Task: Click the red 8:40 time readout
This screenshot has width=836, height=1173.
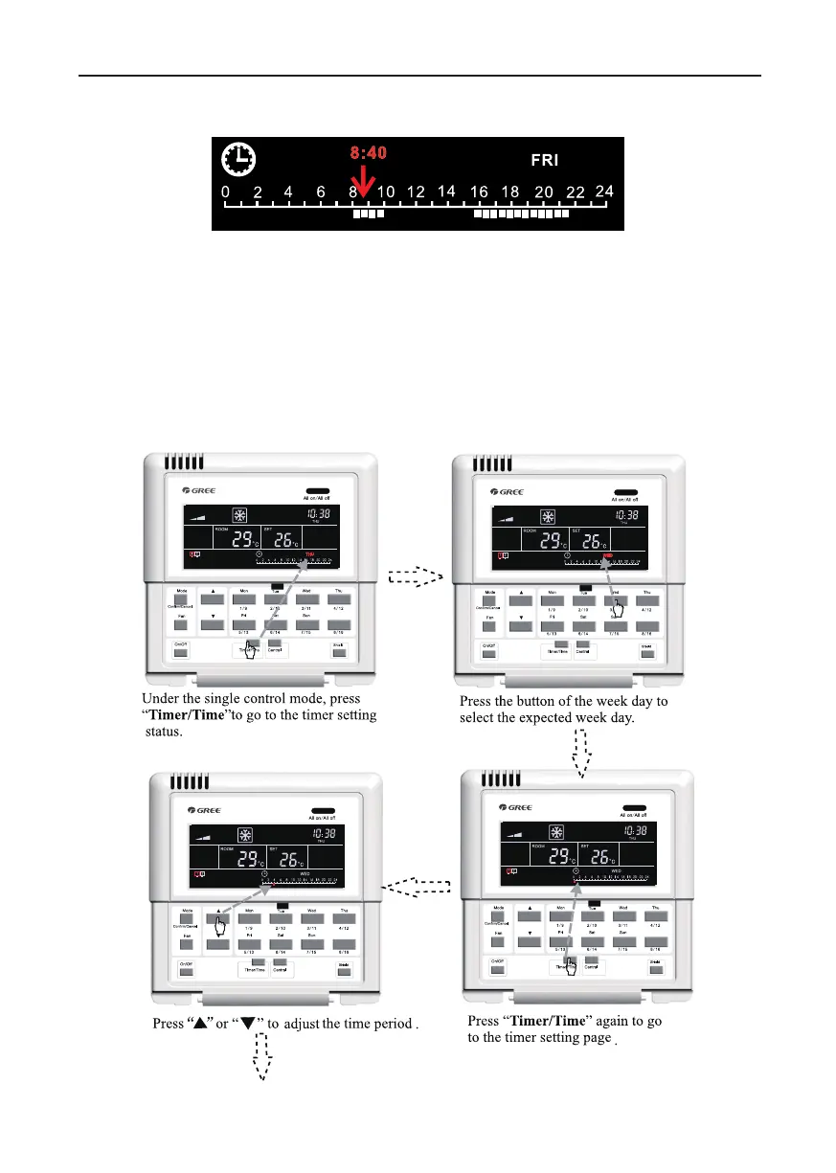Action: (x=368, y=151)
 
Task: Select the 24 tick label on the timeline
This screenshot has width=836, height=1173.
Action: (x=603, y=191)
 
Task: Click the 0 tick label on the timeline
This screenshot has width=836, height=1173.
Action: (x=226, y=192)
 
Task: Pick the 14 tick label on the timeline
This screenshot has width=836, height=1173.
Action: (x=445, y=192)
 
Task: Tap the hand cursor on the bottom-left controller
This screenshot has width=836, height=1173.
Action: (x=219, y=926)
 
